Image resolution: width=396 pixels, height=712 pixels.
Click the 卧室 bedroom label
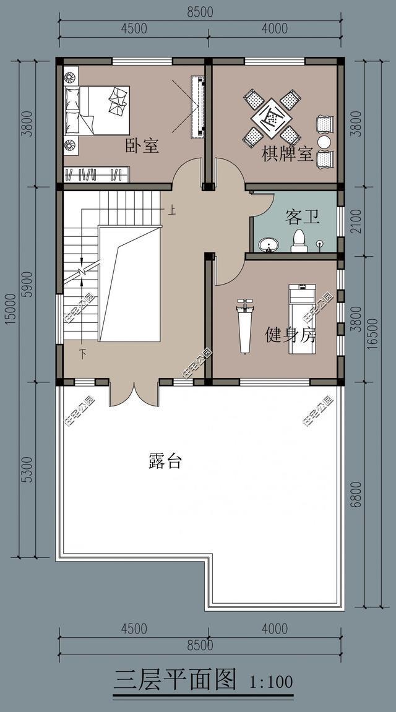pyautogui.click(x=142, y=146)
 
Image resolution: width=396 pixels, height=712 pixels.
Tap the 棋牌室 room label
pyautogui.click(x=288, y=155)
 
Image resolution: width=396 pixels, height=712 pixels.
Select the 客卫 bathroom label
pyautogui.click(x=303, y=217)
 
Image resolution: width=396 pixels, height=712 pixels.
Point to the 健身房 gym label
pyautogui.click(x=291, y=335)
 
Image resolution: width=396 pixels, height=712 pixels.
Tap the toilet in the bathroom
pyautogui.click(x=299, y=241)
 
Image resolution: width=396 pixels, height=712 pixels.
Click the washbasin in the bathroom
pyautogui.click(x=269, y=245)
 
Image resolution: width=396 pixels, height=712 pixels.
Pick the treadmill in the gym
pyautogui.click(x=302, y=319)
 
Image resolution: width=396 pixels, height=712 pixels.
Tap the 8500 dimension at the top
pyautogui.click(x=200, y=12)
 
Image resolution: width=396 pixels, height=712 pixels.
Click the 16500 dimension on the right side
pyautogui.click(x=372, y=333)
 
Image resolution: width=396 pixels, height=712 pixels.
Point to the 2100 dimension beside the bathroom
pyautogui.click(x=356, y=221)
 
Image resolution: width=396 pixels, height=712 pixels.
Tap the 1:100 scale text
pyautogui.click(x=271, y=682)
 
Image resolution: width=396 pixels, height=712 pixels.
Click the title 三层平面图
pyautogui.click(x=175, y=680)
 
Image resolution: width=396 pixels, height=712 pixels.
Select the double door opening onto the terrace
pyautogui.click(x=134, y=395)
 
